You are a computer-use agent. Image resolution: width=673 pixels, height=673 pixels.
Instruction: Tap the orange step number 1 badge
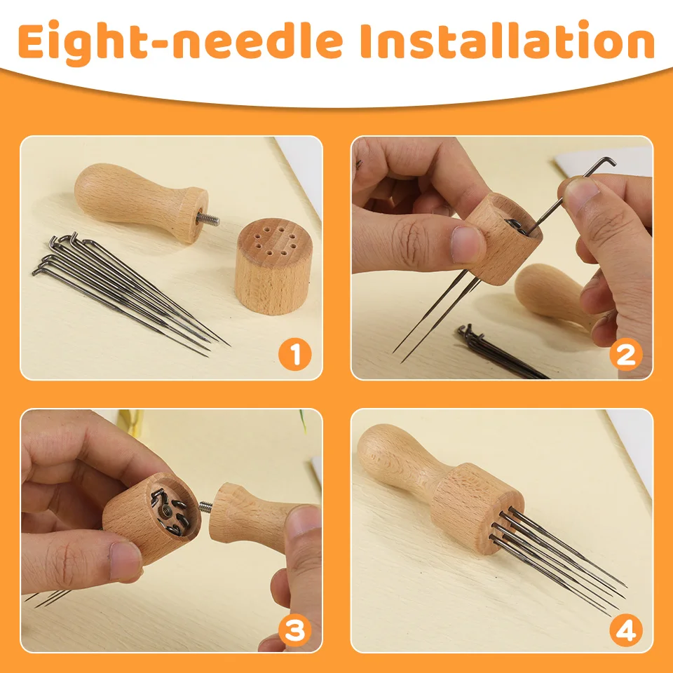[x=294, y=354]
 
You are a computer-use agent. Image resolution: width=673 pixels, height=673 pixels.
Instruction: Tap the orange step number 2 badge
[x=625, y=354]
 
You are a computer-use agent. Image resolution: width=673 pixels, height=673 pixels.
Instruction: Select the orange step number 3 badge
[x=294, y=630]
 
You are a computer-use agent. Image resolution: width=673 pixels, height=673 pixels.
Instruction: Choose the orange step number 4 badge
[x=625, y=630]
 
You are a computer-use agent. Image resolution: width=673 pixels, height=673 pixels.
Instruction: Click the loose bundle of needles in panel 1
[x=126, y=287]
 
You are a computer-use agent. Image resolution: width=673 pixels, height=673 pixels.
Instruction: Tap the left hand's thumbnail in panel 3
[x=126, y=561]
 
